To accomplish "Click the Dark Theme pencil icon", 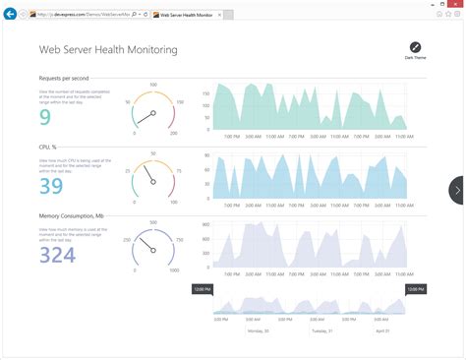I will (x=415, y=47).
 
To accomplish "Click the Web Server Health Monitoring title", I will (x=108, y=49).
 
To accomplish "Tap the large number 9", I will (x=45, y=117).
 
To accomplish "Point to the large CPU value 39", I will (x=51, y=186).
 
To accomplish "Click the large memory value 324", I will (x=57, y=255).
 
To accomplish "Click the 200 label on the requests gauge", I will (x=173, y=134).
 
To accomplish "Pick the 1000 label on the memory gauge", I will (x=174, y=270).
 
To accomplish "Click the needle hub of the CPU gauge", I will (x=152, y=183).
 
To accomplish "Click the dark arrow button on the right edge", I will (x=457, y=190).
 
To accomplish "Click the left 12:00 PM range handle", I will (x=202, y=289).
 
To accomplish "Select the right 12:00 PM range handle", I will (x=415, y=289).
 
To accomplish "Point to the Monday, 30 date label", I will (x=258, y=332).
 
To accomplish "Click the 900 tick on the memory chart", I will (x=206, y=225).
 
